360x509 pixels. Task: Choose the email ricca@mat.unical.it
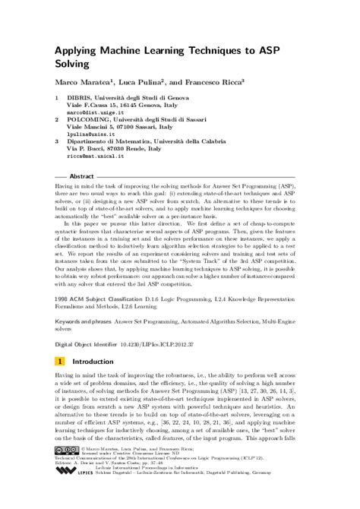(98, 155)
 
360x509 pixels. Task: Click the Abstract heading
(81, 175)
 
